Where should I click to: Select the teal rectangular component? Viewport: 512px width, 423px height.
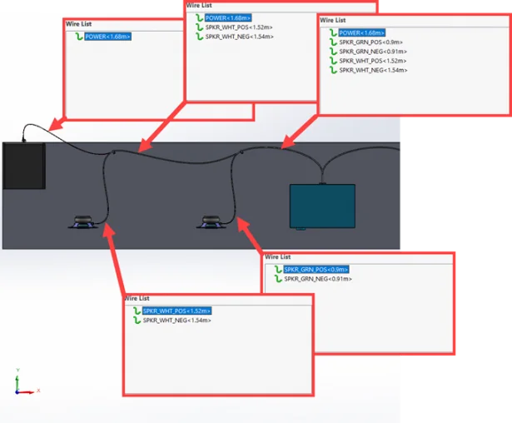323,206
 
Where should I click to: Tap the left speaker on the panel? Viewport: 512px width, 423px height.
82,221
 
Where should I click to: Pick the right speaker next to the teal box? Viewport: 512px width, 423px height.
211,221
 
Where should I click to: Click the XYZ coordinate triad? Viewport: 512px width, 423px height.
22,384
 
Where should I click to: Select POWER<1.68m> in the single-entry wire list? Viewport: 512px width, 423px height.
107,37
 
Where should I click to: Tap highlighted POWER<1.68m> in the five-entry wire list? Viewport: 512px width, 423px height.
362,32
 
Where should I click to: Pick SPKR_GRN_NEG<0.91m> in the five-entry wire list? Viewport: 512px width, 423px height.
372,51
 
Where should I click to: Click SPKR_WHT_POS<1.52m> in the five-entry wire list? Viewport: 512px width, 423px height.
373,61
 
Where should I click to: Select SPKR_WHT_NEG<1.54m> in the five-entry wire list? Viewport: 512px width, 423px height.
374,70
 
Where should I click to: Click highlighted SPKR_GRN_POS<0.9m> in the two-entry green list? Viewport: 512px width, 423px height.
316,269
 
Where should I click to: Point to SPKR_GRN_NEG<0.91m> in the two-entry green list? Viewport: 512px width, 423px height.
317,279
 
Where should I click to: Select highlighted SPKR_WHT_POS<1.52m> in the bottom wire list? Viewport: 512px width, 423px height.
176,311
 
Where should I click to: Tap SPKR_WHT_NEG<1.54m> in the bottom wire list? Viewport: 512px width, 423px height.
176,321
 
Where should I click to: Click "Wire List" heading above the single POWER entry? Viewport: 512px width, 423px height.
79,24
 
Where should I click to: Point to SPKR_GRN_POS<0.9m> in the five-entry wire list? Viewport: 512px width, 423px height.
370,42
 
